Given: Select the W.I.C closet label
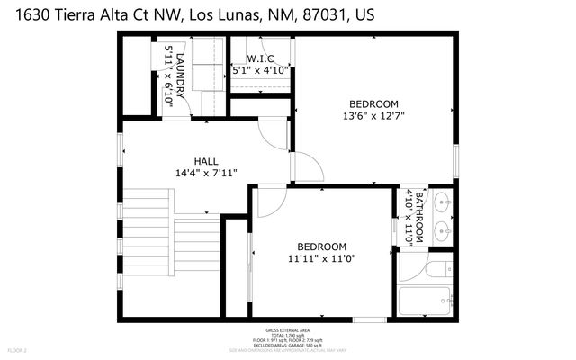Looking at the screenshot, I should (260, 58).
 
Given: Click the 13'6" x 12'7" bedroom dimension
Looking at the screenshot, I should (373, 115).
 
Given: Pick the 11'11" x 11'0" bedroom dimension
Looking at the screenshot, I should (321, 258).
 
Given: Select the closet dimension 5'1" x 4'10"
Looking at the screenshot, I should (260, 69).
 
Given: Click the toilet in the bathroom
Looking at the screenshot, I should (438, 267).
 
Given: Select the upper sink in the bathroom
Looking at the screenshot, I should (441, 203).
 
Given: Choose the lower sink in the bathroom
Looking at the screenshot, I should (441, 231).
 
